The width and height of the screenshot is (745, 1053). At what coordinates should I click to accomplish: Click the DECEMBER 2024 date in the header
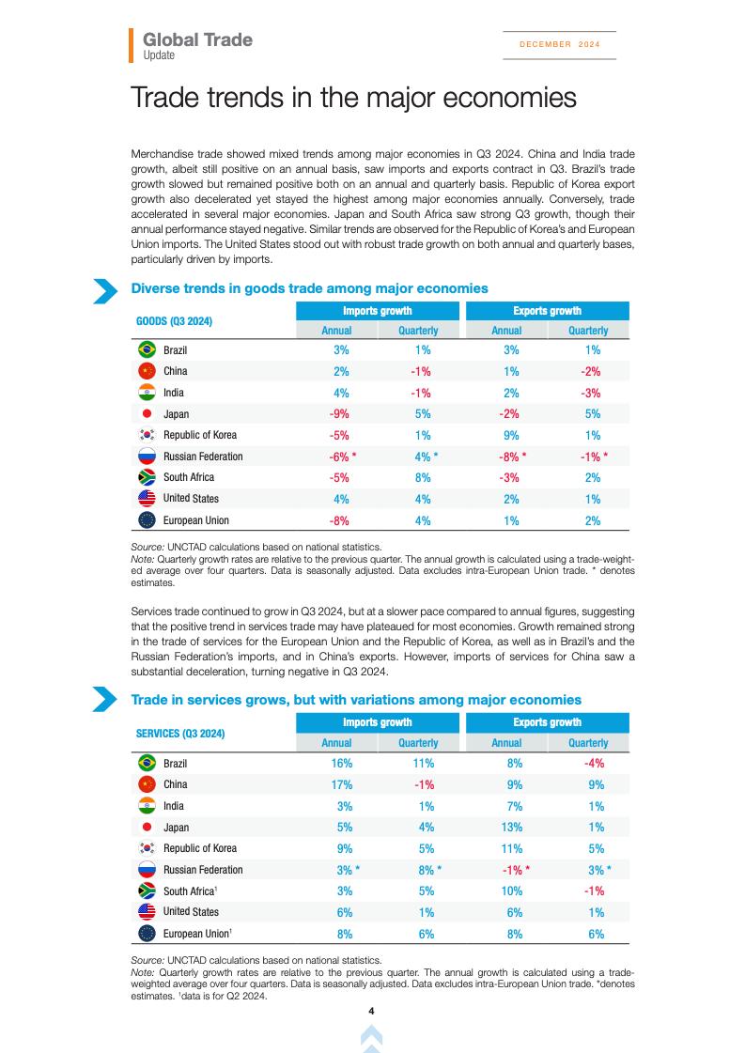559,44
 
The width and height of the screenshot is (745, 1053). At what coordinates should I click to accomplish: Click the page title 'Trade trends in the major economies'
352,98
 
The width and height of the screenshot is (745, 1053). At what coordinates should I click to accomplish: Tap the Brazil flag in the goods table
147,350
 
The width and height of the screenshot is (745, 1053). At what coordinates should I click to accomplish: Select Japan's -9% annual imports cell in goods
340,414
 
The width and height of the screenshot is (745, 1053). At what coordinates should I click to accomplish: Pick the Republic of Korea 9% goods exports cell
511,435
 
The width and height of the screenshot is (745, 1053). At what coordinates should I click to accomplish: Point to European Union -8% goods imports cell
340,520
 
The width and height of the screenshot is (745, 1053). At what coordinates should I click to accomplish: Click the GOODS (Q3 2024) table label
175,321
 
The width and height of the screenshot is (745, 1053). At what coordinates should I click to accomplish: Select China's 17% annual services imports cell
341,784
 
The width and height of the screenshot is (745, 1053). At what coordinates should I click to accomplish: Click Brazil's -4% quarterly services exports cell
594,764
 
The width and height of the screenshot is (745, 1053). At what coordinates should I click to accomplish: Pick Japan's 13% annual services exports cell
512,828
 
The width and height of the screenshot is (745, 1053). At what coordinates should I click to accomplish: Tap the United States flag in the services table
147,911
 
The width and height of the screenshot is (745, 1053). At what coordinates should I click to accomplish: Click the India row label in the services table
174,806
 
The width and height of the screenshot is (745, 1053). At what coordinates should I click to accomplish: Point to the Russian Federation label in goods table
203,457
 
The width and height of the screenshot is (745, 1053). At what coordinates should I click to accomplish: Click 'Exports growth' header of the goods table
547,311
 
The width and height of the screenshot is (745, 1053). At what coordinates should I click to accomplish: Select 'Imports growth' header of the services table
377,722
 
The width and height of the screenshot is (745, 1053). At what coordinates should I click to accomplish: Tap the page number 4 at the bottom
372,1011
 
